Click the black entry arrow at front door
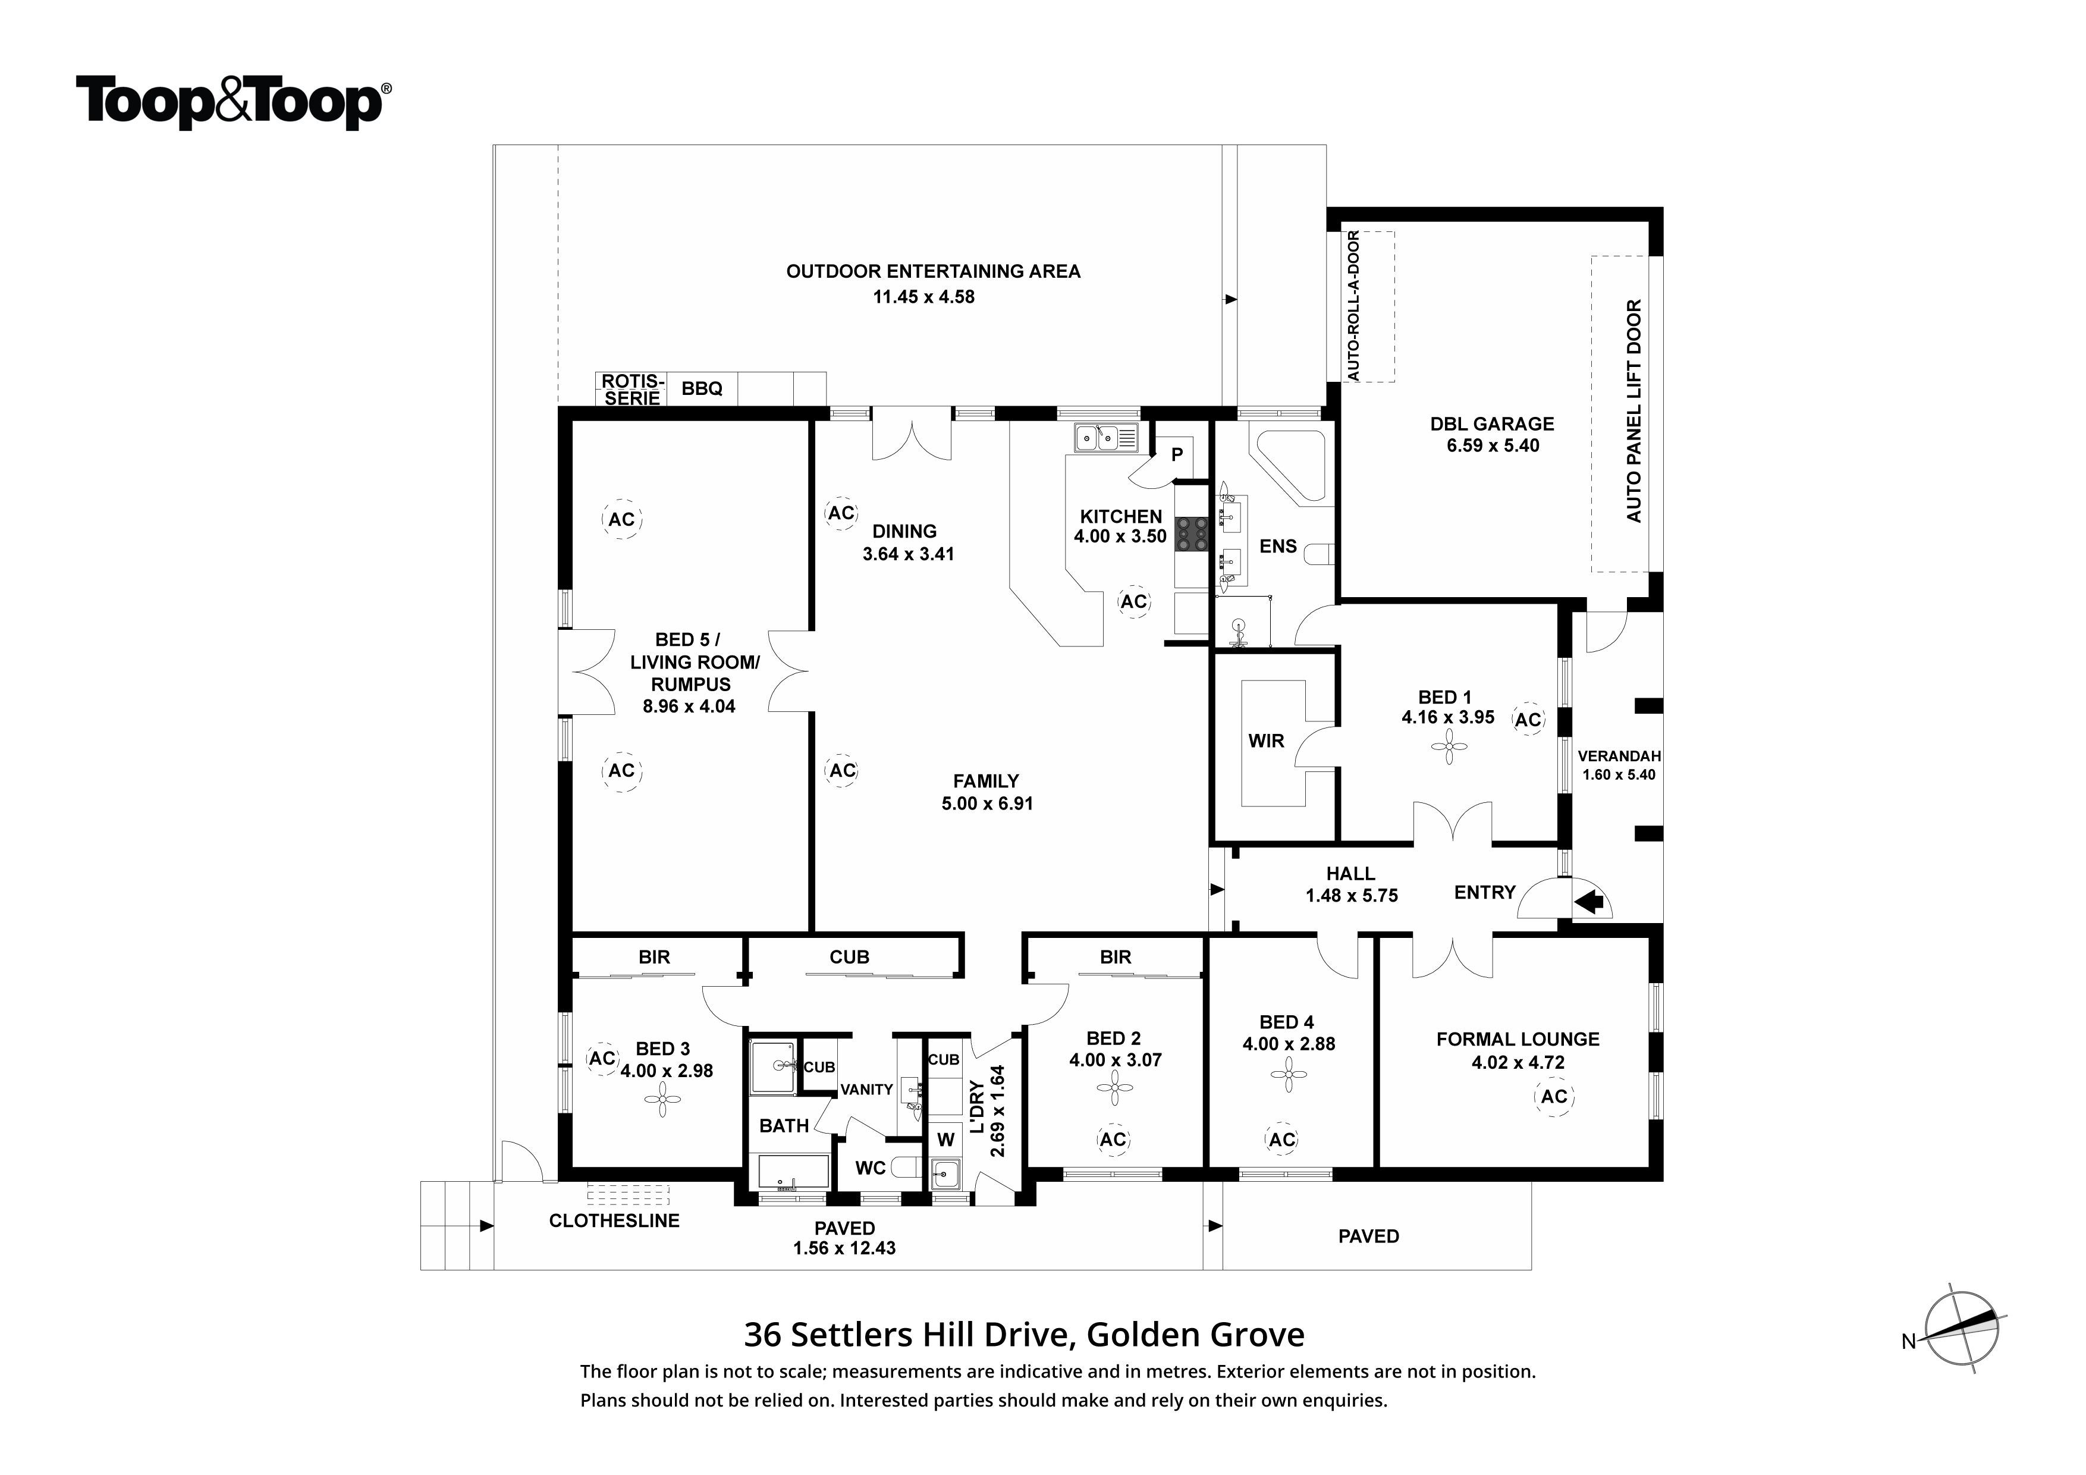coord(1589,902)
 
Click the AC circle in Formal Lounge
coord(1554,1096)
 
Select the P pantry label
coord(1177,454)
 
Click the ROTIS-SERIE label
coord(632,389)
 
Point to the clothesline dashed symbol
coord(628,1191)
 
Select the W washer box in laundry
coord(946,1140)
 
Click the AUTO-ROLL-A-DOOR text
coord(1354,306)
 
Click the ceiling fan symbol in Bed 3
coord(662,1104)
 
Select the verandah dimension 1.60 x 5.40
coord(1619,774)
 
